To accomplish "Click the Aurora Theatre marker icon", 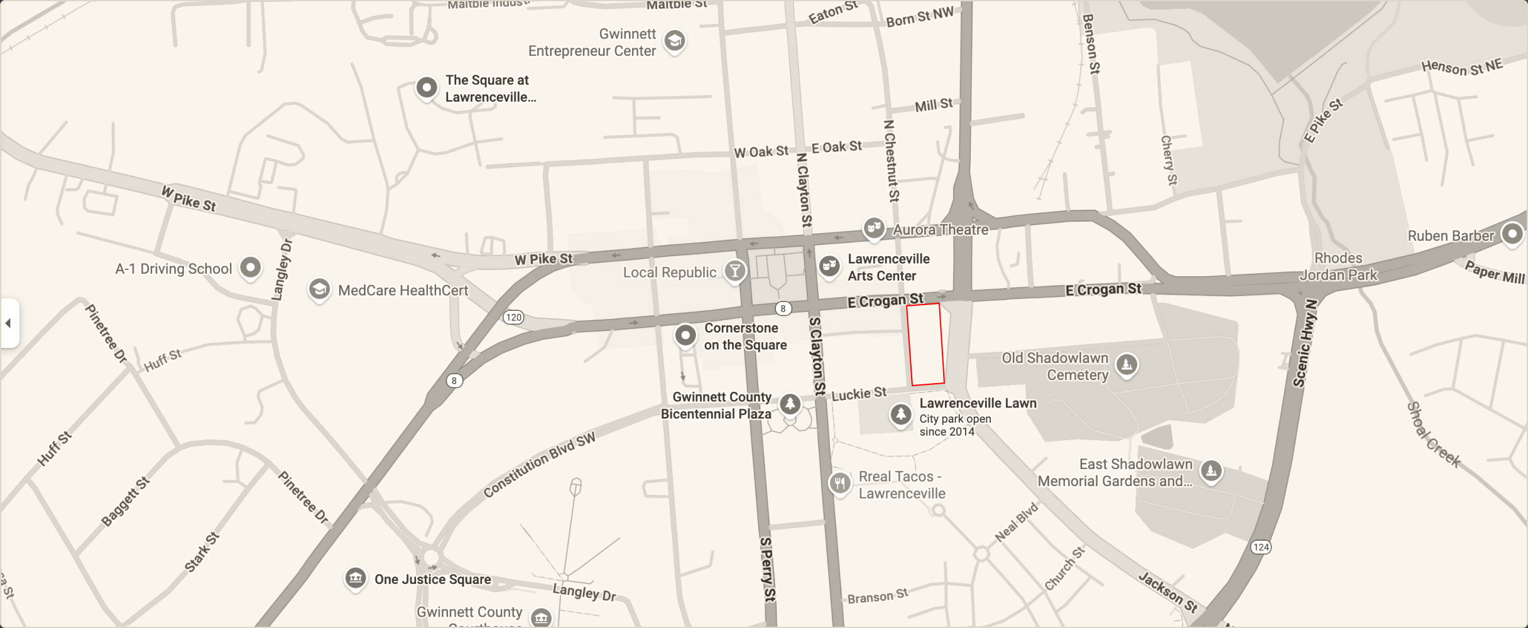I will click(x=873, y=228).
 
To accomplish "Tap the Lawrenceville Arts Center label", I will click(x=888, y=268).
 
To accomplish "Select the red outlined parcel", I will click(x=925, y=344).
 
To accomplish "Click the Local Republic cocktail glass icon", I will click(x=734, y=271).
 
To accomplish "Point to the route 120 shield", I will click(x=513, y=317).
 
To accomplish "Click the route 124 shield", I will click(x=1260, y=547).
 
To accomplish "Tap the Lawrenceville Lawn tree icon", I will click(x=901, y=414).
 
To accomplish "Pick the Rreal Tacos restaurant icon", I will click(x=840, y=484).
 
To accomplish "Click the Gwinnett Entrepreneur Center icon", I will click(x=675, y=41).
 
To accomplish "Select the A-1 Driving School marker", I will click(x=250, y=268).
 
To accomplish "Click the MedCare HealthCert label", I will click(x=403, y=290).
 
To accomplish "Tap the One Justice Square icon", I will click(x=355, y=578).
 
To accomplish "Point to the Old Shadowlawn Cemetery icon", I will click(x=1127, y=364).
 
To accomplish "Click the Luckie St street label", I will click(x=859, y=394).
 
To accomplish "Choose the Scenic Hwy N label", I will click(x=1305, y=343).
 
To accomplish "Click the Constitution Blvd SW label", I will click(x=539, y=465).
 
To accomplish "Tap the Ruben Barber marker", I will click(x=1512, y=235).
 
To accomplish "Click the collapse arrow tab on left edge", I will click(x=9, y=323).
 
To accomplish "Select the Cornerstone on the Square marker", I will click(x=685, y=335).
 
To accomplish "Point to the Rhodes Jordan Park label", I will click(x=1338, y=266).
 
